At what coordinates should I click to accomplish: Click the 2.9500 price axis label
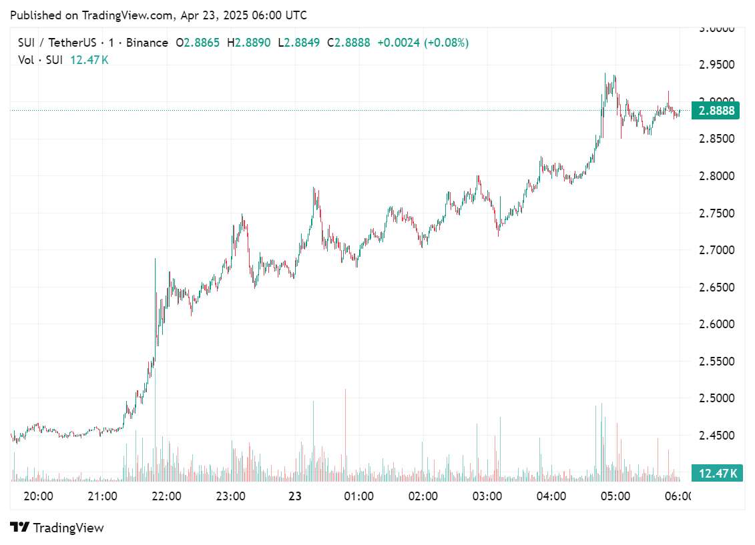pyautogui.click(x=716, y=65)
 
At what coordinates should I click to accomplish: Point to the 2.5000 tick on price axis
pyautogui.click(x=716, y=398)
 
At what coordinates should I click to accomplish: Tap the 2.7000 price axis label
pyautogui.click(x=716, y=250)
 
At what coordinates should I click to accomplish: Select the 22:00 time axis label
pyautogui.click(x=166, y=496)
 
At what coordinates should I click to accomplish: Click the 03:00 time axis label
pyautogui.click(x=487, y=496)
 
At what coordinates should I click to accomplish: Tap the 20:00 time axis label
pyautogui.click(x=38, y=496)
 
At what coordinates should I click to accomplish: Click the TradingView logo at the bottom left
pyautogui.click(x=57, y=528)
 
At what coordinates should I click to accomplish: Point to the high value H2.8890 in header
pyautogui.click(x=248, y=43)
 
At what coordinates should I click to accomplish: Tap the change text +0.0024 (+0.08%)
pyautogui.click(x=423, y=43)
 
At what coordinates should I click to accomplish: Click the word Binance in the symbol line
pyautogui.click(x=147, y=43)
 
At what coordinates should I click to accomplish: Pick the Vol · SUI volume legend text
pyautogui.click(x=40, y=59)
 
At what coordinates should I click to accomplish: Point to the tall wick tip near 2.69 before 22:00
pyautogui.click(x=156, y=259)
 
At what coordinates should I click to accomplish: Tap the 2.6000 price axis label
pyautogui.click(x=716, y=324)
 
